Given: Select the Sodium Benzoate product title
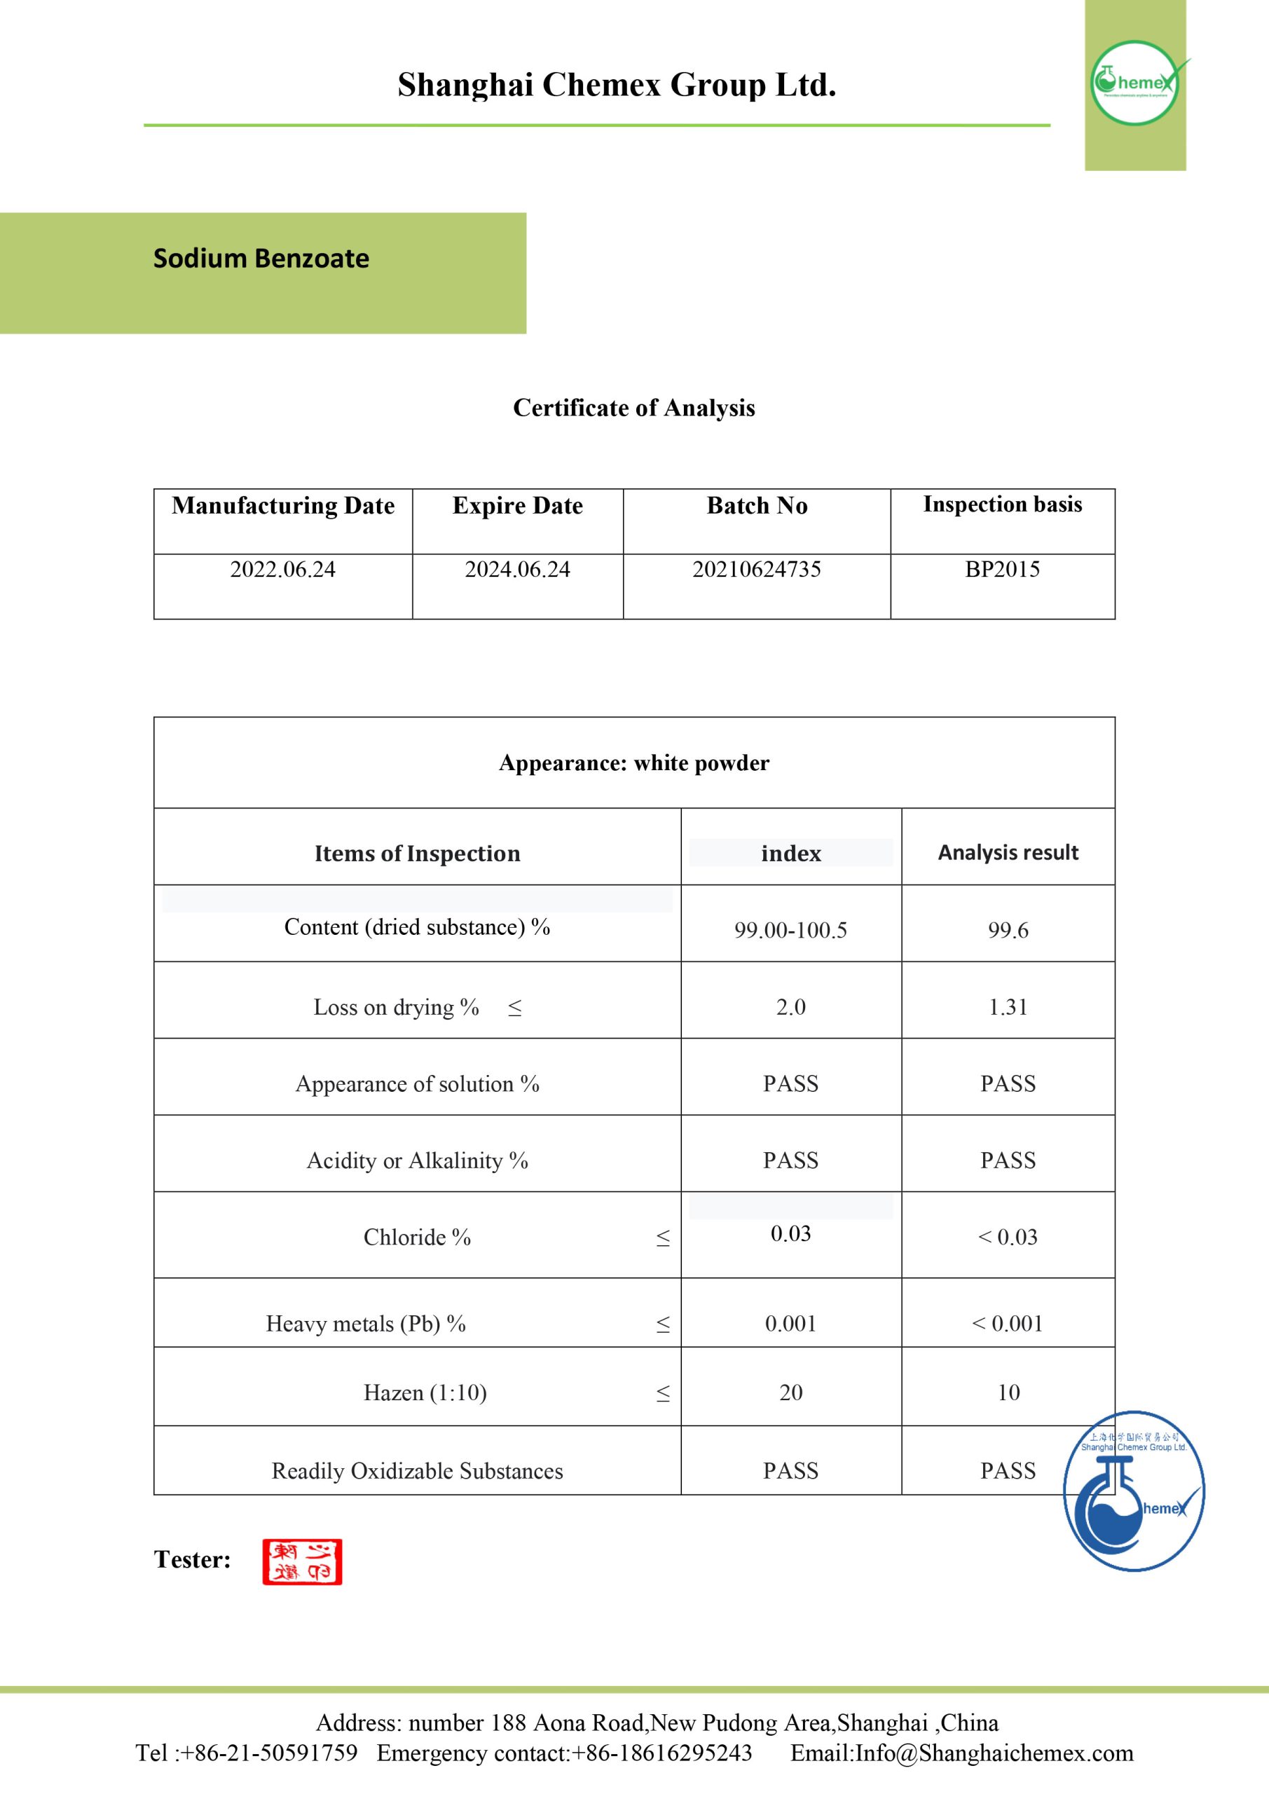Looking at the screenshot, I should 261,259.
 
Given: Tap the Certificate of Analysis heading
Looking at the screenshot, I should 633,408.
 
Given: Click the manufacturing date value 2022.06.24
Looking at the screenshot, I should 283,570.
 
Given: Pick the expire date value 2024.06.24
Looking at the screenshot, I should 517,570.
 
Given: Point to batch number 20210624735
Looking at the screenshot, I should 756,570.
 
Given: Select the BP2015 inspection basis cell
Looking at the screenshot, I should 1002,570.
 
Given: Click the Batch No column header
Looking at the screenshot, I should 756,505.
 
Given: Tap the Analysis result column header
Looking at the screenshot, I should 1008,852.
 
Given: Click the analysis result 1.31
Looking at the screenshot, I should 1008,1007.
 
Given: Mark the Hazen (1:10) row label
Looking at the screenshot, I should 425,1392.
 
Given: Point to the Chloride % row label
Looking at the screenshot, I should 417,1237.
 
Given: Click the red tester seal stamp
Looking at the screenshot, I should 303,1561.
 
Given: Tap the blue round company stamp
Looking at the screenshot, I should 1133,1490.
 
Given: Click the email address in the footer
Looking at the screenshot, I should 994,1753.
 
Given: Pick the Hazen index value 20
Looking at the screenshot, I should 791,1392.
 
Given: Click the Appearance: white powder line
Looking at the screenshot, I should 633,762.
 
